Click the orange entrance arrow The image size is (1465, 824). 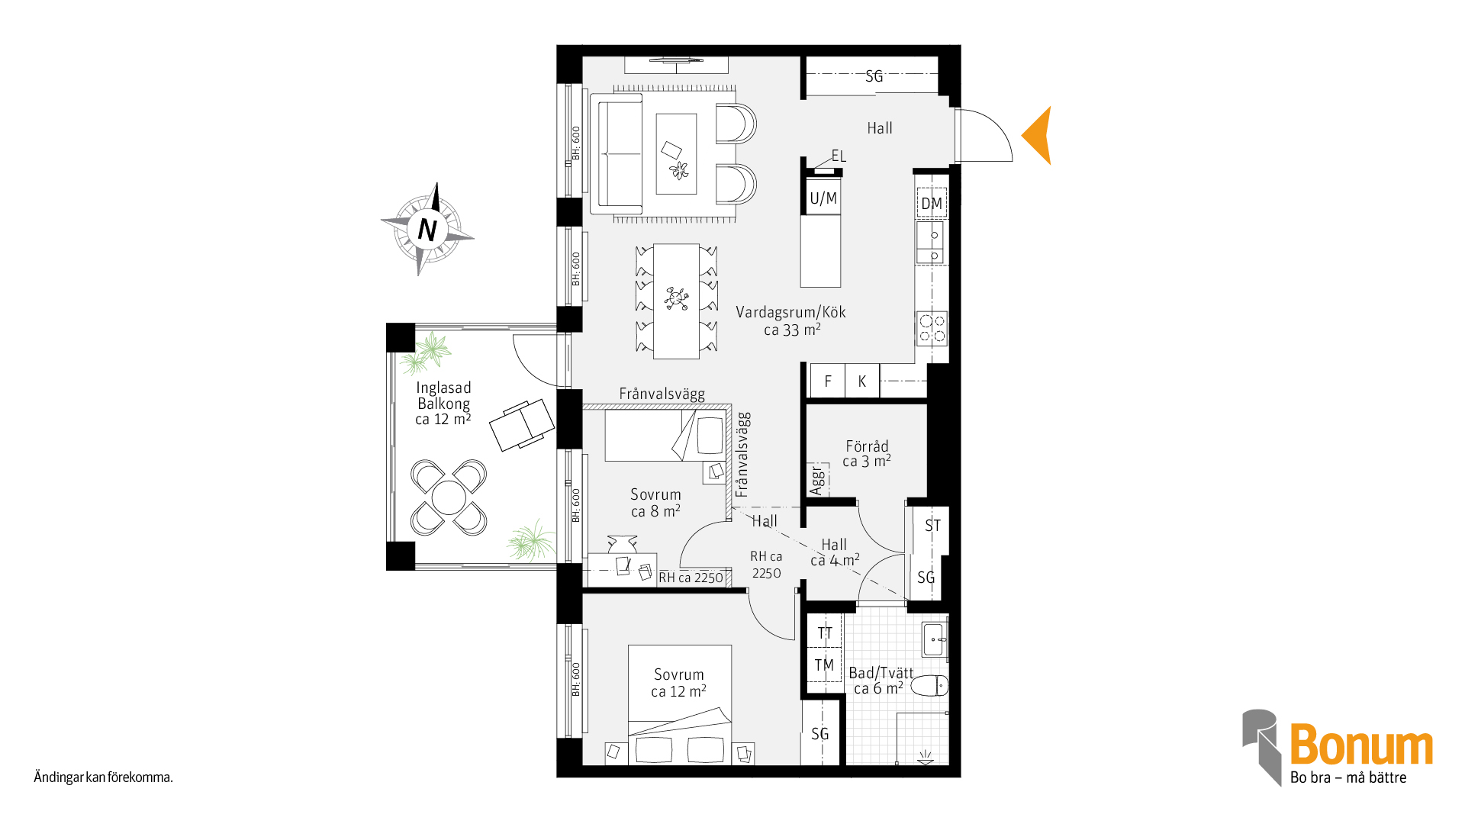(1039, 135)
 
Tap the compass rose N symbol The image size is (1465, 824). (427, 229)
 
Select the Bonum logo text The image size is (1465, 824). (1361, 745)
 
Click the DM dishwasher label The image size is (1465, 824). (932, 204)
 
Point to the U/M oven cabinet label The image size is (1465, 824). (823, 198)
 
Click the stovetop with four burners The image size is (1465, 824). (932, 329)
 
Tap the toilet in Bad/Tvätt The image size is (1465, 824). (929, 686)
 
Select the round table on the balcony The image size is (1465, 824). (449, 497)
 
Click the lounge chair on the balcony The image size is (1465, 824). (522, 425)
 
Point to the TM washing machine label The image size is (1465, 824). (824, 665)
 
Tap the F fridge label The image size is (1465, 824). (828, 381)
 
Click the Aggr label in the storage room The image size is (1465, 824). (817, 480)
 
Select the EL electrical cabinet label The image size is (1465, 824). (839, 156)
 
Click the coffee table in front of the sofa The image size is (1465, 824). (676, 154)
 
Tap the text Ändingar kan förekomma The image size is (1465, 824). (103, 777)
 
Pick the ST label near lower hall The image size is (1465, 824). (932, 526)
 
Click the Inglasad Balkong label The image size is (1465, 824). (443, 404)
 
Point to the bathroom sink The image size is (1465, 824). (935, 639)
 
